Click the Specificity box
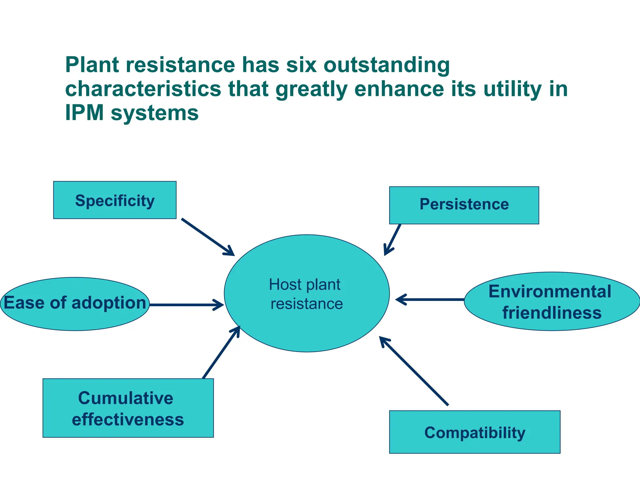point(115,200)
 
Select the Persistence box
point(464,205)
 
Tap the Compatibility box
point(474,432)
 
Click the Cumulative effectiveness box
point(128,408)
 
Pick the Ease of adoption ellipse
point(75,304)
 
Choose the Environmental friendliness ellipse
point(552,301)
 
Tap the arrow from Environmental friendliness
point(430,299)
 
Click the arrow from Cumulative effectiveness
point(221,352)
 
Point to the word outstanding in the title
point(387,65)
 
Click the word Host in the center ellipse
point(284,284)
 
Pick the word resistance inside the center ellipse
point(307,304)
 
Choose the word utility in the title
point(512,89)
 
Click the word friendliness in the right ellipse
point(552,313)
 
